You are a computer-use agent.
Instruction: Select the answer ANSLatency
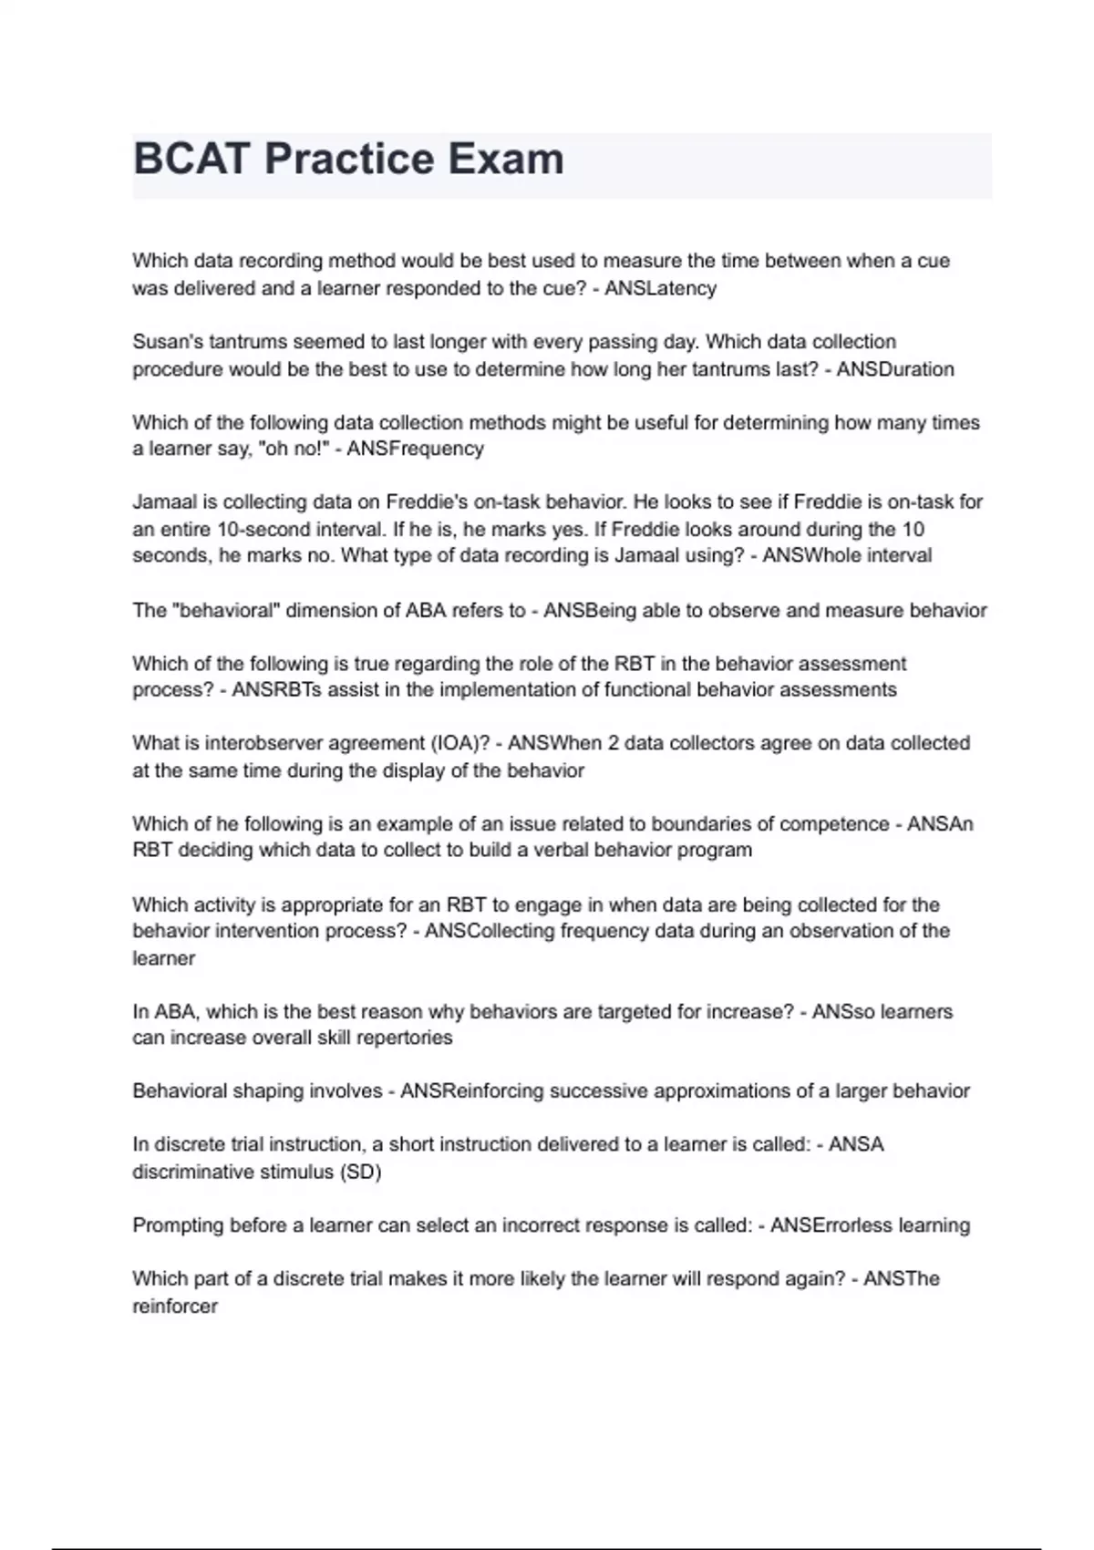660,289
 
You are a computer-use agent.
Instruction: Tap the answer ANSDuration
895,369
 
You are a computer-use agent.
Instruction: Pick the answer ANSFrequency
415,449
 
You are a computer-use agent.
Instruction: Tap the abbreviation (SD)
360,1172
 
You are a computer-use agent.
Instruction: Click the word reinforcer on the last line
175,1306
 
